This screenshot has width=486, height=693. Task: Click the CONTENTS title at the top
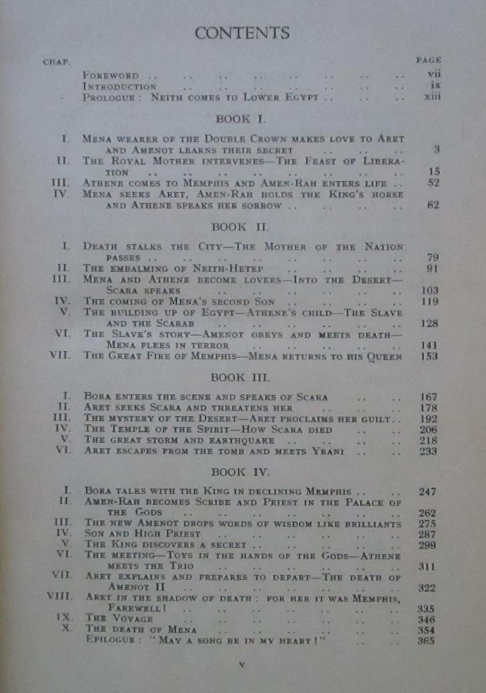242,33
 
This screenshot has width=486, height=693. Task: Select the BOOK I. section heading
240,120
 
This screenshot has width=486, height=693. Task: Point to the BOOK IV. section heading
240,472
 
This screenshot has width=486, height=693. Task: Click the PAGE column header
428,59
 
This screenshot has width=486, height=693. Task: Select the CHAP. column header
57,62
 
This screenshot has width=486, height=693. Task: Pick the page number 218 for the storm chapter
428,440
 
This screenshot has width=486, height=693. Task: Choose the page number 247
428,492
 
